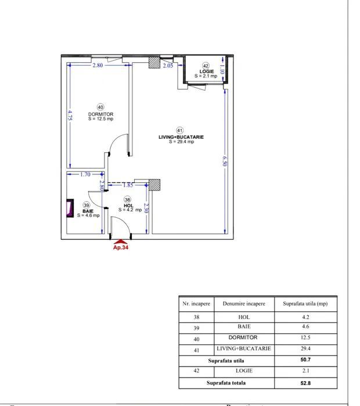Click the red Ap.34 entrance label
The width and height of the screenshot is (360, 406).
pyautogui.click(x=120, y=247)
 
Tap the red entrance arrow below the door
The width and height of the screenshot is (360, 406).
pyautogui.click(x=120, y=240)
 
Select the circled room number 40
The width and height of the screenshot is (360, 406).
pyautogui.click(x=100, y=107)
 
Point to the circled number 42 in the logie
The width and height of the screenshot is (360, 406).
pyautogui.click(x=206, y=66)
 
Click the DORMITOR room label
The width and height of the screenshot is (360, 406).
pyautogui.click(x=100, y=114)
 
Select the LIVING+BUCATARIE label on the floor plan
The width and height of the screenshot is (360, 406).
pyautogui.click(x=181, y=137)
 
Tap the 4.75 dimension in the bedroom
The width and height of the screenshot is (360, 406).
pyautogui.click(x=70, y=115)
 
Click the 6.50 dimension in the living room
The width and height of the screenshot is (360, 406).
pyautogui.click(x=224, y=161)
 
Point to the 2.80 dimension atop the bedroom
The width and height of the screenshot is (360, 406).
pyautogui.click(x=97, y=66)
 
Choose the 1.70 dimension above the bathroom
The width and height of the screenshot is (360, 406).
pyautogui.click(x=85, y=174)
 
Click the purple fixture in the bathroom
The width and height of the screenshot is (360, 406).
pyautogui.click(x=71, y=207)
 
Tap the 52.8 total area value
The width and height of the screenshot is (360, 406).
pyautogui.click(x=305, y=383)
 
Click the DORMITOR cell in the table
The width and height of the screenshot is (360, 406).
pyautogui.click(x=244, y=337)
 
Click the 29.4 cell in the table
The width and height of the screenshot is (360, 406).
pyautogui.click(x=305, y=349)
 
